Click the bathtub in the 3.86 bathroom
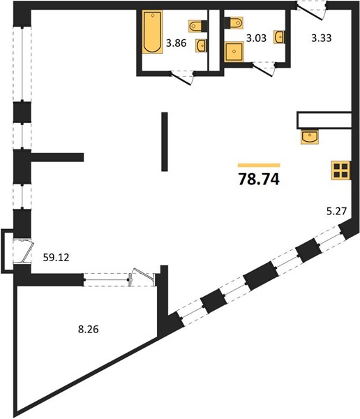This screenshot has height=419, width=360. point(152,32)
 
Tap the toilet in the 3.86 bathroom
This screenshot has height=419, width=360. point(198,26)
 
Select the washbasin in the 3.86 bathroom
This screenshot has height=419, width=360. point(201,45)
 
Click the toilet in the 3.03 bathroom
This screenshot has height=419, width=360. point(234,23)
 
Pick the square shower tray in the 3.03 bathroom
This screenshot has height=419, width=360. point(234,52)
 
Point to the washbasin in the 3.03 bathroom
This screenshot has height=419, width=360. point(278,37)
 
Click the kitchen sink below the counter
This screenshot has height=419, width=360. point(310,137)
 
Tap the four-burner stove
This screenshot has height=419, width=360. point(340,170)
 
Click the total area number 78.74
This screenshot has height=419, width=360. point(259,179)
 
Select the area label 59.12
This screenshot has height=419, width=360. point(56,257)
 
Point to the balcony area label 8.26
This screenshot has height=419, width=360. point(89,329)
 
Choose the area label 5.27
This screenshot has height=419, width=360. point(336,212)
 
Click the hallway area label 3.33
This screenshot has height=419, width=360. point(322,38)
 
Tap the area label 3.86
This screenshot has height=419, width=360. point(176,43)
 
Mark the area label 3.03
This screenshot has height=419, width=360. point(256,38)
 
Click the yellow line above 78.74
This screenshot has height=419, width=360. point(259,165)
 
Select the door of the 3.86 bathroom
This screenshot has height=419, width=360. point(181,78)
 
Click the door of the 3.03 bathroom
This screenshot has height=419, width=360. point(263,69)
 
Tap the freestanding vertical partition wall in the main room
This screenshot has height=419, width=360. point(165,142)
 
